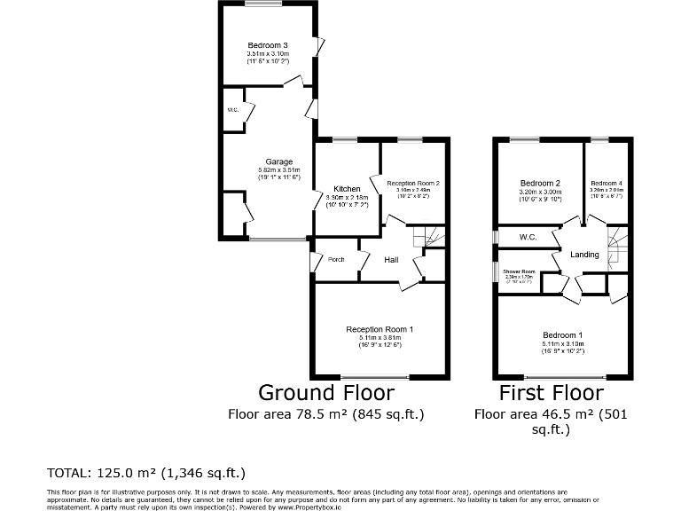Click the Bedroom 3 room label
point(268,45)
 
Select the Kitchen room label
point(347,188)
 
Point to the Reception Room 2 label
point(413,182)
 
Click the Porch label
point(336,260)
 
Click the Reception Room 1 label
point(380,329)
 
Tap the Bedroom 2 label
point(540,184)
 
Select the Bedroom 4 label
point(607,184)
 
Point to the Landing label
point(584,255)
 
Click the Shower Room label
point(519,271)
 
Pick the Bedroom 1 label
point(563,335)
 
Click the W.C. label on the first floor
point(528,237)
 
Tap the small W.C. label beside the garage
point(232,110)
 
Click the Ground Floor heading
point(325,392)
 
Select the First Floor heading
point(552,392)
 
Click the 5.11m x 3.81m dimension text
point(380,337)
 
